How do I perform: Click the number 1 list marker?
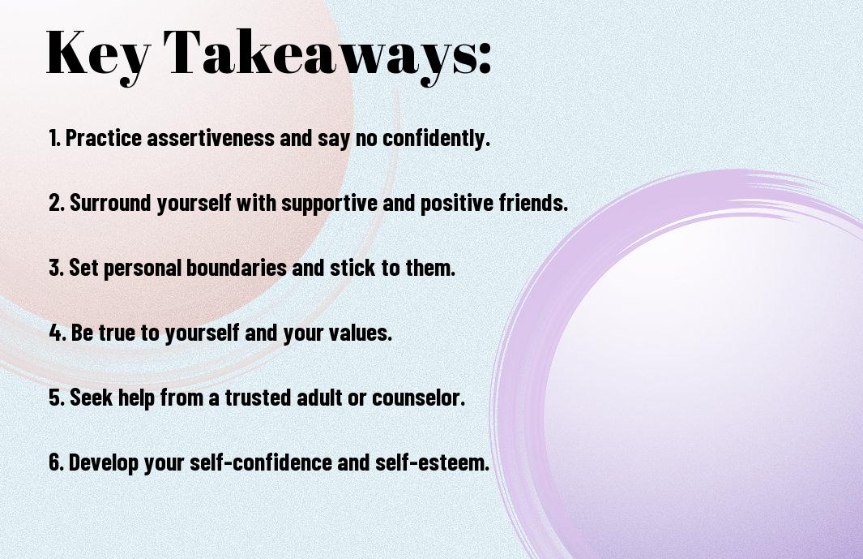click(x=53, y=139)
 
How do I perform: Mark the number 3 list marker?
click(x=55, y=269)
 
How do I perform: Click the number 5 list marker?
click(x=55, y=398)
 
